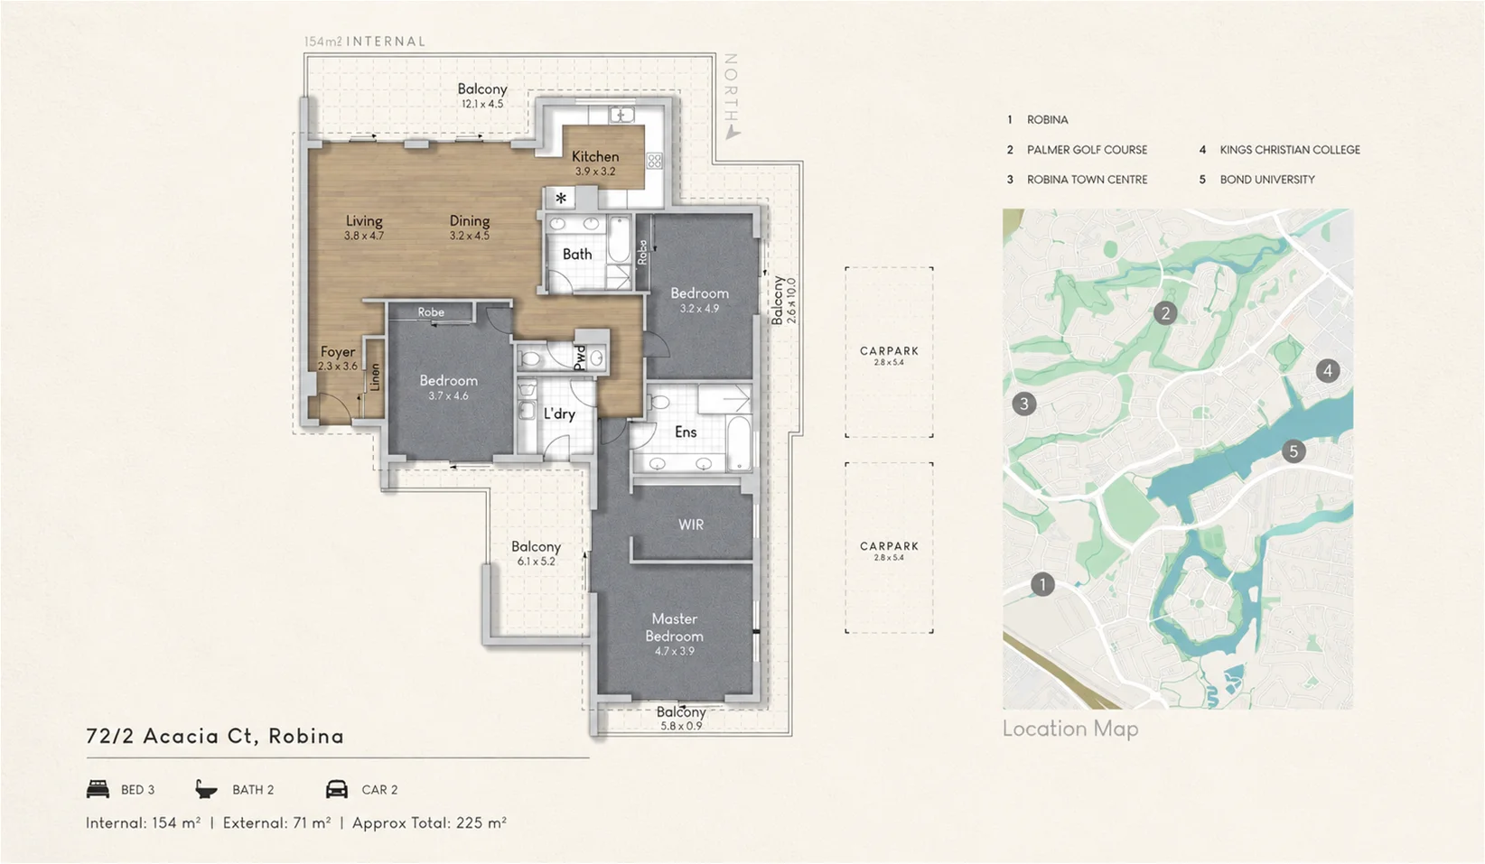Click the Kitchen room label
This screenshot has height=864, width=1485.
(x=595, y=156)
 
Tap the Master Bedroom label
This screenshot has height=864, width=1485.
(x=674, y=627)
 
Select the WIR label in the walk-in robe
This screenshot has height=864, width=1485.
(x=691, y=525)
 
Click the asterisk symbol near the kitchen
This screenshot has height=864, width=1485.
(x=561, y=198)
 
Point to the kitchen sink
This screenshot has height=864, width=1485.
(x=621, y=116)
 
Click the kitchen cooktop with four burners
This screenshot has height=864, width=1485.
(x=654, y=161)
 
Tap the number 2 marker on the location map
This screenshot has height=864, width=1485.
(x=1165, y=312)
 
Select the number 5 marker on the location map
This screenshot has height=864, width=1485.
(x=1293, y=452)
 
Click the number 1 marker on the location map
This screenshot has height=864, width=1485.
(x=1042, y=584)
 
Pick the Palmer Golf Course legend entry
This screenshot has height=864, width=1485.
(x=1078, y=150)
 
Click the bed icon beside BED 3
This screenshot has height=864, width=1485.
(x=98, y=789)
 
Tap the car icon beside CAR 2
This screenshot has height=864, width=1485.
(x=337, y=789)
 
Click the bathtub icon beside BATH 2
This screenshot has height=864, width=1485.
(x=206, y=789)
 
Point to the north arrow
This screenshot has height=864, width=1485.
(x=732, y=134)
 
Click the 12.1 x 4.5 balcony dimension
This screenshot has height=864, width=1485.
(x=482, y=104)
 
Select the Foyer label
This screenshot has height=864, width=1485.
(x=338, y=352)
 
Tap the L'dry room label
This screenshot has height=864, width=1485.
(x=559, y=414)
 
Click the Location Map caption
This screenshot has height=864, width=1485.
(x=1070, y=729)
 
